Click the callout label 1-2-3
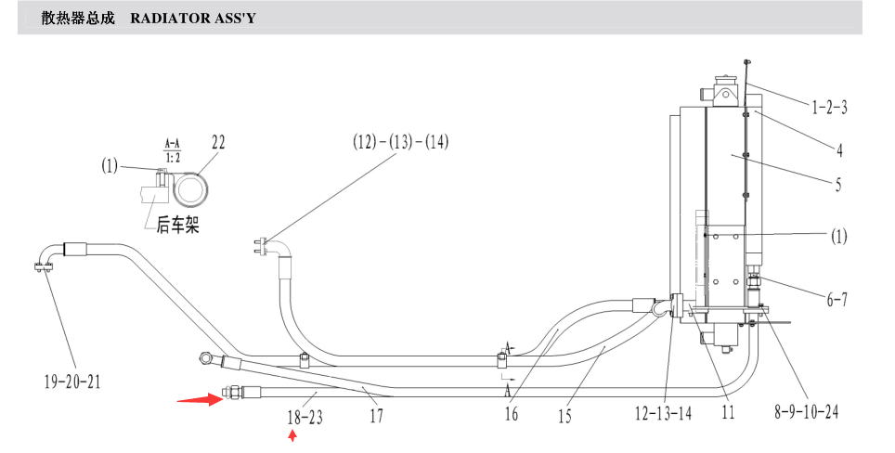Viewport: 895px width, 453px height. click(829, 108)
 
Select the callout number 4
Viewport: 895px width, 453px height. click(839, 150)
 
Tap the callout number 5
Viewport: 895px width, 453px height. click(838, 185)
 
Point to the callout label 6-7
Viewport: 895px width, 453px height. click(837, 299)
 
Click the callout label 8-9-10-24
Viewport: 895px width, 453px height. click(806, 411)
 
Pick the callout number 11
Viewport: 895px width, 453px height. click(728, 412)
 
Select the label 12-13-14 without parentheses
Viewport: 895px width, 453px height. click(663, 413)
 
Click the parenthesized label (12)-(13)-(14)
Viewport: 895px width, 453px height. click(401, 141)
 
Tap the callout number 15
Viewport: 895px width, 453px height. click(564, 417)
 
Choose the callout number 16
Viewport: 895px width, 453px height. click(511, 414)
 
